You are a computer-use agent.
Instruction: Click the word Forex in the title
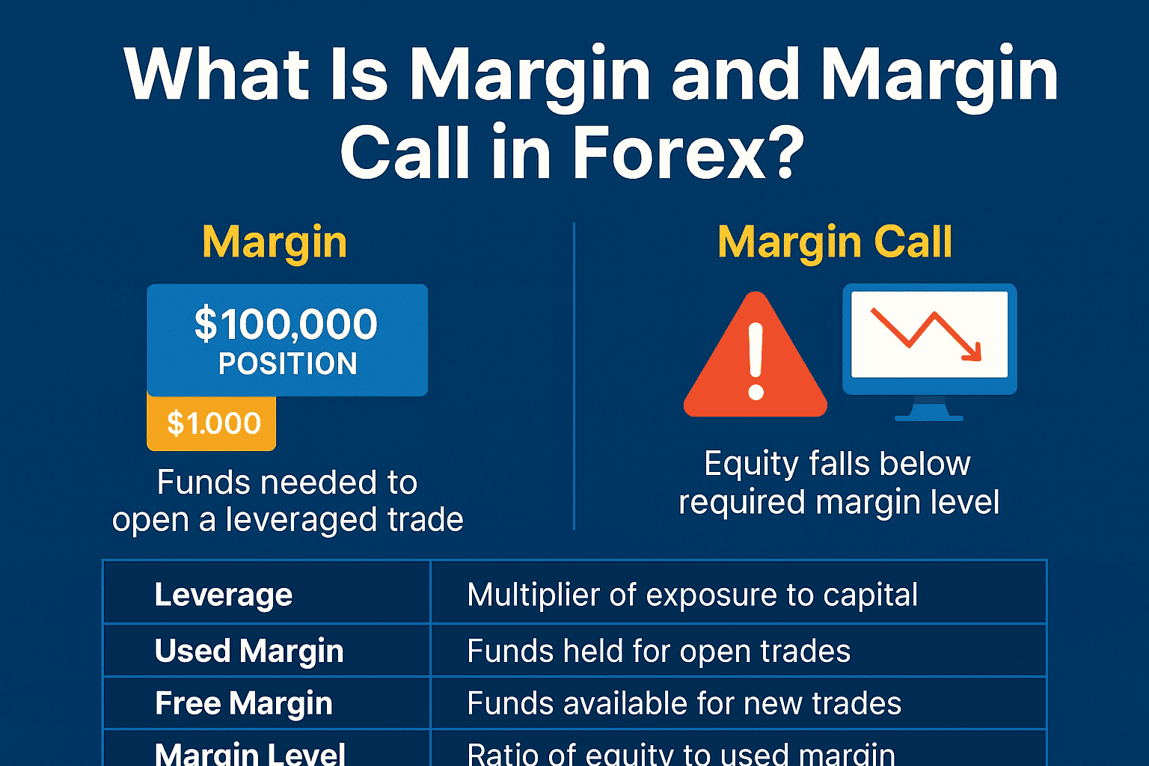click(x=666, y=153)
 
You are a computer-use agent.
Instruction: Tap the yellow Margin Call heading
click(x=835, y=242)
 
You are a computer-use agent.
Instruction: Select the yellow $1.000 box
click(x=212, y=423)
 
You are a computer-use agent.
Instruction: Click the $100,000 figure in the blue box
click(x=286, y=323)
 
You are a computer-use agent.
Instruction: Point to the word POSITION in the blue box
click(x=287, y=364)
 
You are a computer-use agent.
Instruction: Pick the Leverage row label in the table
click(x=224, y=595)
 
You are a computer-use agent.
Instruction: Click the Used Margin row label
click(x=249, y=651)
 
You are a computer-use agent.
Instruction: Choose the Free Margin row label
click(x=244, y=703)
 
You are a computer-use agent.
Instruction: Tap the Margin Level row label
click(x=251, y=753)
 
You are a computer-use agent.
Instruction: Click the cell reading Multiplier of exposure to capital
click(x=693, y=595)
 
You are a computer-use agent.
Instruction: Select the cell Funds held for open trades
click(x=659, y=651)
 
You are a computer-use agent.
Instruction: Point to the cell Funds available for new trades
click(x=684, y=703)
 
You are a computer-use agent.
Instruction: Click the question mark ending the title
click(x=782, y=153)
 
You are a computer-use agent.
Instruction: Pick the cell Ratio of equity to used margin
click(x=681, y=754)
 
